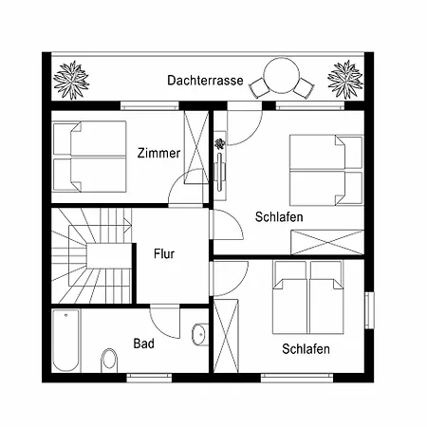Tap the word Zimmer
coord(158,153)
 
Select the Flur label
coord(164,253)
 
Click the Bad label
coord(143,343)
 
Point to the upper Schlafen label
coord(279,217)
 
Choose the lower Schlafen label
coord(306,349)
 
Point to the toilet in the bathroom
coord(109,359)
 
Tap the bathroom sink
coord(199,334)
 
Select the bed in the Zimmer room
coord(89,157)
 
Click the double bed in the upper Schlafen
coord(325,168)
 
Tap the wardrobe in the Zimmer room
coord(196,147)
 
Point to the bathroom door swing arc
coord(167,322)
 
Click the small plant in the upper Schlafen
coord(220,144)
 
